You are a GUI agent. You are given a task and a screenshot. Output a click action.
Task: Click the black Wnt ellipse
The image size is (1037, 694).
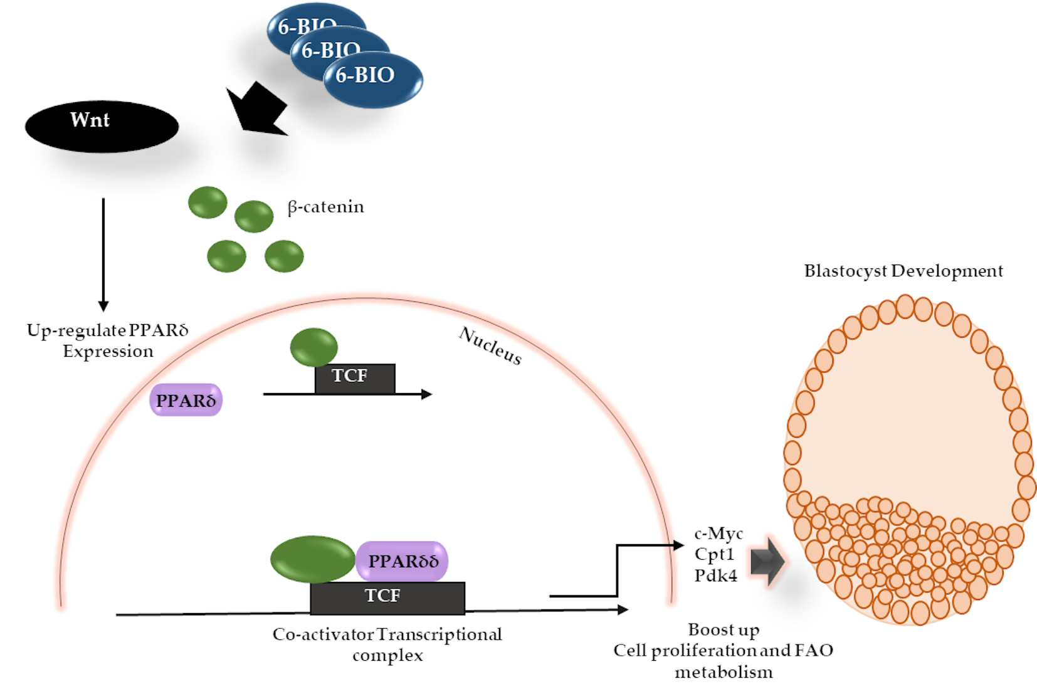click(x=102, y=127)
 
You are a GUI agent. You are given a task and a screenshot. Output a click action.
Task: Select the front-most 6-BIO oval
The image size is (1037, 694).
click(x=373, y=80)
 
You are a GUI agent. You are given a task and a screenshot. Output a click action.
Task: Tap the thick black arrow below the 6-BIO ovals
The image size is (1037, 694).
click(x=256, y=109)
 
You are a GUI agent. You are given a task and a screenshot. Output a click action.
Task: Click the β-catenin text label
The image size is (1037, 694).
click(x=325, y=207)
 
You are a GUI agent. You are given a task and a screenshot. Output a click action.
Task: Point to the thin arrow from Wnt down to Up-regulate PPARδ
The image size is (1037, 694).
click(x=103, y=255)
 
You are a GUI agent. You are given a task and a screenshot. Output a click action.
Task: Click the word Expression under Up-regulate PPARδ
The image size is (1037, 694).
click(x=108, y=352)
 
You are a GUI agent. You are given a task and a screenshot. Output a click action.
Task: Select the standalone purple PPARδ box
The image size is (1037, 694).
click(x=186, y=400)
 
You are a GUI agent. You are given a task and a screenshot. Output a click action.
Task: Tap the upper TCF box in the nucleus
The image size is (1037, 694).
click(x=355, y=378)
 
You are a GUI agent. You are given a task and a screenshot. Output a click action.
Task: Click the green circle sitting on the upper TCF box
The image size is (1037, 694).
click(x=314, y=347)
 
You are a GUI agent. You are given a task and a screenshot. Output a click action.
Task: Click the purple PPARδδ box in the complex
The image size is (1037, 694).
click(x=402, y=561)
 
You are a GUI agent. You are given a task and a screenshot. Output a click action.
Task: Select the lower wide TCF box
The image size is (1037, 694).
click(x=387, y=597)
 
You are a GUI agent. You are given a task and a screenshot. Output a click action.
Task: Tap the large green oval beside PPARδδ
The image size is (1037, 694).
click(x=313, y=559)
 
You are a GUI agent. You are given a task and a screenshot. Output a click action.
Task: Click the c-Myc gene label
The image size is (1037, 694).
click(x=719, y=534)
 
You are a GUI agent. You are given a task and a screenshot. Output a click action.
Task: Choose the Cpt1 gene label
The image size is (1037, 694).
click(x=714, y=554)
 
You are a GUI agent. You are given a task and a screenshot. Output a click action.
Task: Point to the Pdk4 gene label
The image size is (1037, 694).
click(x=716, y=576)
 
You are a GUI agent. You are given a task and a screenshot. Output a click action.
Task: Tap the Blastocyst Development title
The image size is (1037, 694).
click(x=903, y=271)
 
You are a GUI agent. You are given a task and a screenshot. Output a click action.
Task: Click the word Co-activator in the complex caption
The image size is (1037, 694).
click(x=323, y=634)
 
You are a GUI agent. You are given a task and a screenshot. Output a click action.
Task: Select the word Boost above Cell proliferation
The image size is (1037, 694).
click(x=707, y=629)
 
